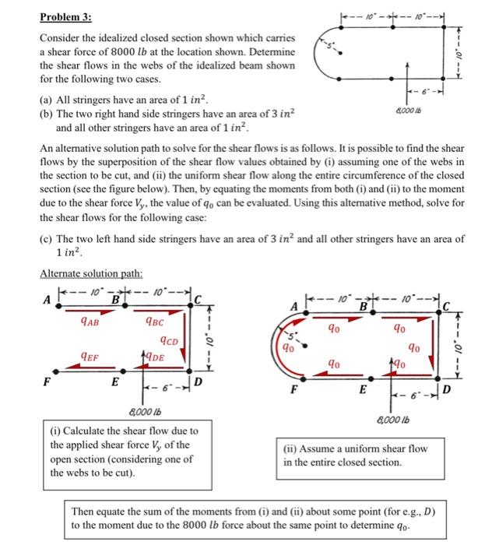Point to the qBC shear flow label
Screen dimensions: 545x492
(x=153, y=320)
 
